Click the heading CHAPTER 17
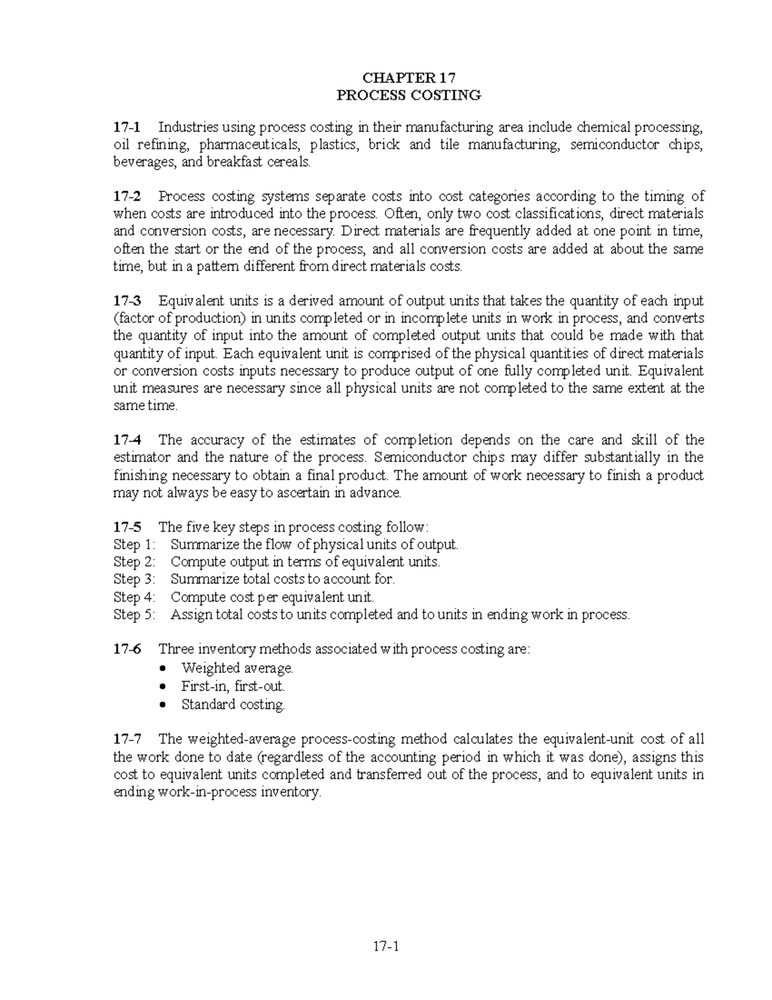click(x=409, y=79)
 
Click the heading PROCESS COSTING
click(x=409, y=96)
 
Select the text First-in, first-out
click(x=233, y=686)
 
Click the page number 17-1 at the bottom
click(x=386, y=947)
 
